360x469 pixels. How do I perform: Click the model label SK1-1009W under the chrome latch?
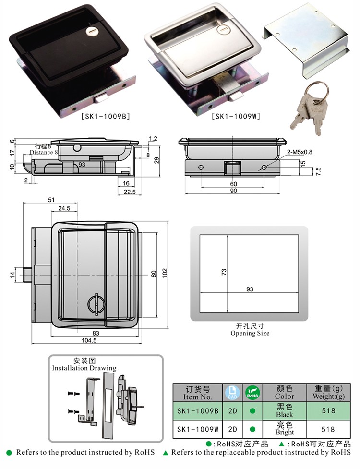coord(237,115)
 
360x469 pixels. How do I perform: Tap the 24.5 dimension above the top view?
coord(64,208)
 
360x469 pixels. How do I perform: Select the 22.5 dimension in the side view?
coord(127,192)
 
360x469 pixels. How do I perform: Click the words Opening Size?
coord(250,333)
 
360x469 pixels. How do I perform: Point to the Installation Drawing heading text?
coord(84,368)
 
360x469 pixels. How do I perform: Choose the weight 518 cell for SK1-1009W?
coord(327,429)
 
